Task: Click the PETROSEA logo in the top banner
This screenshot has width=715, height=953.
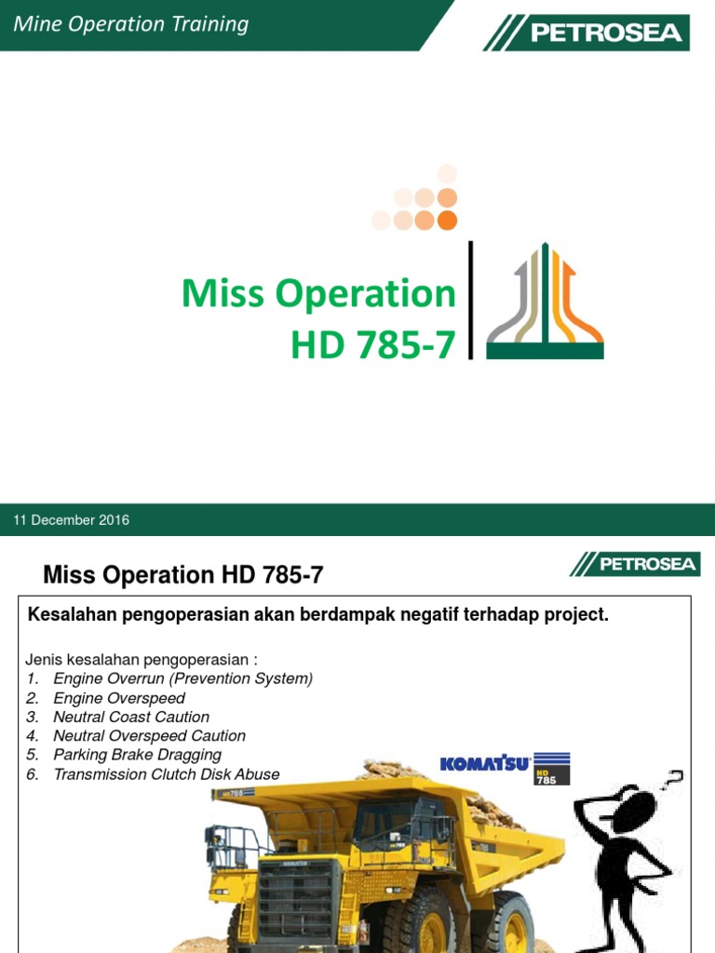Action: point(587,34)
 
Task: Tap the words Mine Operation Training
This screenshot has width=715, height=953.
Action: point(131,24)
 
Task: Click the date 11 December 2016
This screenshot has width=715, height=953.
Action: point(72,520)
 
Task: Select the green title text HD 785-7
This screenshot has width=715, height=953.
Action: point(373,345)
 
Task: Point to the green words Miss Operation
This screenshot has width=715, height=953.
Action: point(318,294)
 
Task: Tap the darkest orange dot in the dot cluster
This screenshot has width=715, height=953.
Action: point(447,220)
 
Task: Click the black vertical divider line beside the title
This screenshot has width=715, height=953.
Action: point(471,300)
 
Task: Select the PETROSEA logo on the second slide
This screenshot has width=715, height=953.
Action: point(635,563)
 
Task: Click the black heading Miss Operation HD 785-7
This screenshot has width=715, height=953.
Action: point(184,575)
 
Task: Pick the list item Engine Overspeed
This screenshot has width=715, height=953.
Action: point(119,698)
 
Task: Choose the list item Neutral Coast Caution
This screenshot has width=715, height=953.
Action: point(131,717)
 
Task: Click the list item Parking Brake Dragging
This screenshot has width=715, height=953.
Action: point(138,755)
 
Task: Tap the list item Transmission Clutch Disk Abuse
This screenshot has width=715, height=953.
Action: point(167,774)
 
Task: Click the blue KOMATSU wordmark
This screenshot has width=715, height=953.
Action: point(485,764)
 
